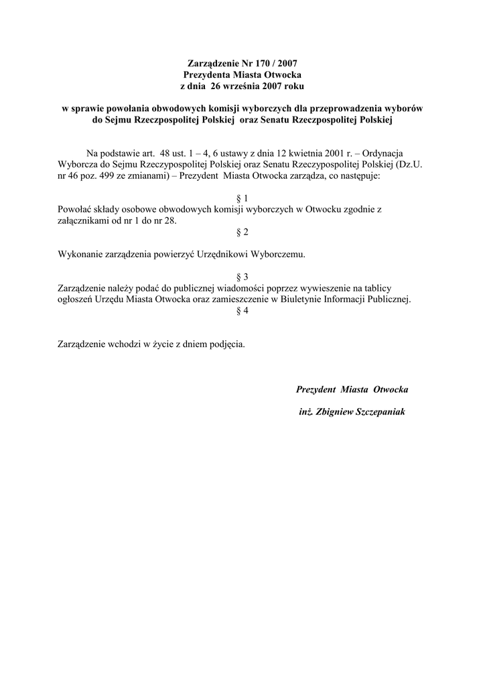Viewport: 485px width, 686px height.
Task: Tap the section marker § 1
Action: pos(242,199)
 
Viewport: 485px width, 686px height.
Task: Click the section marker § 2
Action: pos(242,232)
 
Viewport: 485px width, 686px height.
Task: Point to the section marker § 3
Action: pos(242,276)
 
